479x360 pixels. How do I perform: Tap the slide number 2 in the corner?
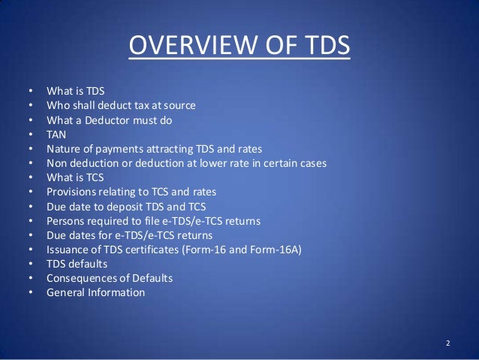tap(447, 343)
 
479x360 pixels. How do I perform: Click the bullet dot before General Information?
tap(30, 292)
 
